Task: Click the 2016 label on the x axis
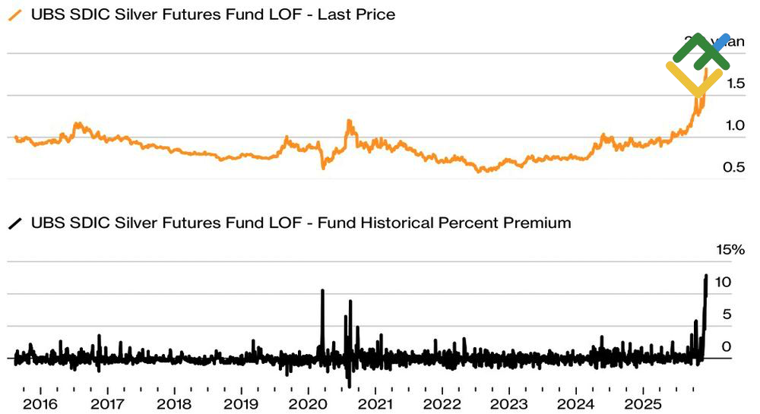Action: (41, 403)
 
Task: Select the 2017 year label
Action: (108, 403)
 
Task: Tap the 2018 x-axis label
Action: (175, 403)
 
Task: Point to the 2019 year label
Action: (242, 403)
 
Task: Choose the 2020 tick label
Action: (309, 403)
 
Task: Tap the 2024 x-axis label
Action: (576, 403)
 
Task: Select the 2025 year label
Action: (643, 403)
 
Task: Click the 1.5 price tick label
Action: (734, 84)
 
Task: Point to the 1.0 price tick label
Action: (734, 125)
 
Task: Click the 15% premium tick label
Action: (731, 250)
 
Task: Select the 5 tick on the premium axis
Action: (727, 314)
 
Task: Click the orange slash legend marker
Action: (14, 14)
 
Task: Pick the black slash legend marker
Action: (14, 223)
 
